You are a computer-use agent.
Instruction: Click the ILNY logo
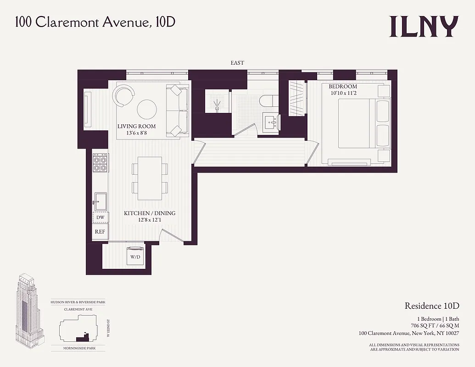(x=424, y=27)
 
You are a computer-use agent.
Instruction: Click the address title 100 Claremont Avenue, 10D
(x=95, y=22)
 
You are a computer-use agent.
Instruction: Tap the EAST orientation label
(x=237, y=63)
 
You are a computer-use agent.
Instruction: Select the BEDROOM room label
(x=342, y=87)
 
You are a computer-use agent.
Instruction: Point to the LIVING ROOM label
(x=136, y=127)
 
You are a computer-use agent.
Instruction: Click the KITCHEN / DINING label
(x=150, y=213)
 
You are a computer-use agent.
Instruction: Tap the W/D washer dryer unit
(x=135, y=257)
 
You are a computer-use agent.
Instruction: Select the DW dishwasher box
(x=100, y=218)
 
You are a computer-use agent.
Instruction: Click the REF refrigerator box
(x=100, y=232)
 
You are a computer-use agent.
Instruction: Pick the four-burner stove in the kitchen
(x=100, y=162)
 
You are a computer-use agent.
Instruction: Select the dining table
(x=150, y=178)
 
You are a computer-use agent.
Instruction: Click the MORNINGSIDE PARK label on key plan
(x=78, y=349)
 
